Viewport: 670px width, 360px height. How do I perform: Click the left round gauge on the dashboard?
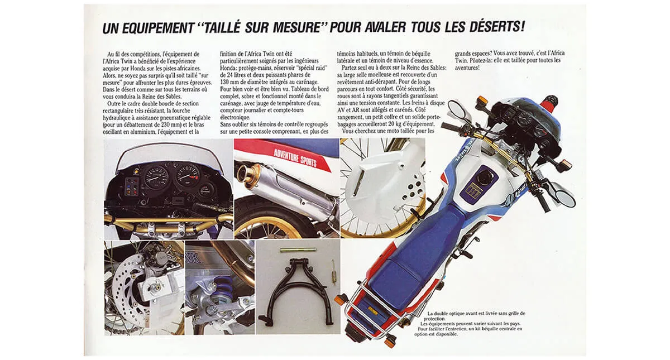[156, 177]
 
